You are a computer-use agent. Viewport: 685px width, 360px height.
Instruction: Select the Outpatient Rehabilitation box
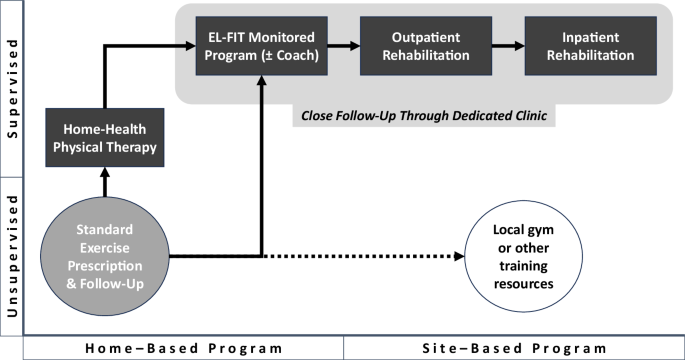pyautogui.click(x=427, y=46)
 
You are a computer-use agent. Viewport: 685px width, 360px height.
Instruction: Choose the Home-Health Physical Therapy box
pyautogui.click(x=104, y=140)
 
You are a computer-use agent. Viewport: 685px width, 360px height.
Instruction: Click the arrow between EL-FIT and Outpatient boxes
pyautogui.click(x=344, y=46)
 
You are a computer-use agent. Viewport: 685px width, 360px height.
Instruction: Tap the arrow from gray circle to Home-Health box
pyautogui.click(x=104, y=183)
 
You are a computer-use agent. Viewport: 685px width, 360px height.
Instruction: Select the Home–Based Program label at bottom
pyautogui.click(x=183, y=348)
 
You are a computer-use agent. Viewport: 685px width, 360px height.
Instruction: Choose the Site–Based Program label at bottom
pyautogui.click(x=513, y=348)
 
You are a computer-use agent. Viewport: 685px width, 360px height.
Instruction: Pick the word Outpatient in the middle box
pyautogui.click(x=427, y=38)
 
